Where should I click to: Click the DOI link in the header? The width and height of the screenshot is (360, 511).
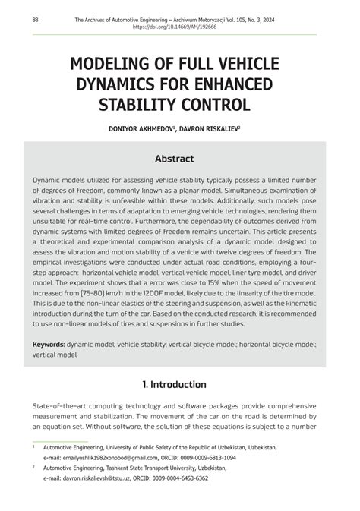click(174, 27)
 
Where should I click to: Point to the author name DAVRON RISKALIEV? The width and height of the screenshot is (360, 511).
click(210, 130)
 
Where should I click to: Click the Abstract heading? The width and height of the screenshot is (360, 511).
click(175, 159)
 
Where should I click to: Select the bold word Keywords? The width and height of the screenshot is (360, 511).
click(48, 345)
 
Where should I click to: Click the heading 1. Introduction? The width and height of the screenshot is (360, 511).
click(174, 385)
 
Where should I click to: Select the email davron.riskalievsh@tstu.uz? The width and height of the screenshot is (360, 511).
click(106, 478)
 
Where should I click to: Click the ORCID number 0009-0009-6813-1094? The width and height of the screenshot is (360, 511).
click(208, 458)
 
